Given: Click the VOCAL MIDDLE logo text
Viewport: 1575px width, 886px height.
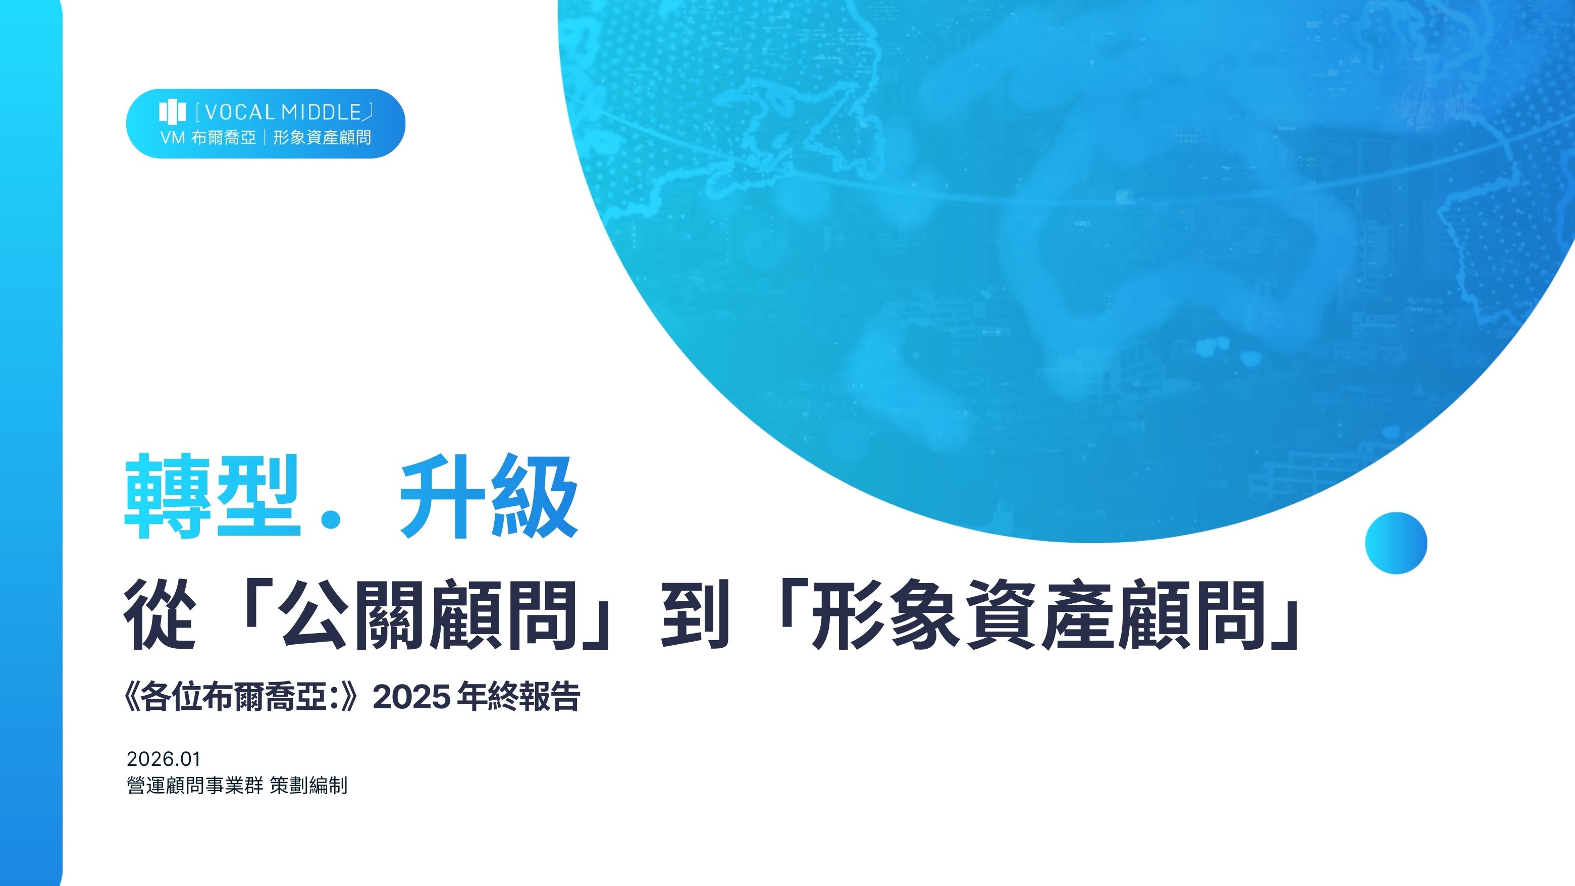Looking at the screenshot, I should click(284, 112).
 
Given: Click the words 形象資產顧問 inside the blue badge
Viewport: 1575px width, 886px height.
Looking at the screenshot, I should click(322, 138).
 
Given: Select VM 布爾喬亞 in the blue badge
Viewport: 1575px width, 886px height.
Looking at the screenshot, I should click(208, 138).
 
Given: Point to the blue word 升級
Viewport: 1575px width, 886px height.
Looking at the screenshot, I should click(488, 496).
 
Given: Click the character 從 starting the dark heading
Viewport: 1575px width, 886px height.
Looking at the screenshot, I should click(160, 614).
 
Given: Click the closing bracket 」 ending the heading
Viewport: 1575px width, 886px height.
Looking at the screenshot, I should click(1284, 614).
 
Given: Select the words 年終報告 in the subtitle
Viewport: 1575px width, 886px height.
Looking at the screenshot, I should click(518, 697).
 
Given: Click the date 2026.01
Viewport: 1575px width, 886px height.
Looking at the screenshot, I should click(163, 759).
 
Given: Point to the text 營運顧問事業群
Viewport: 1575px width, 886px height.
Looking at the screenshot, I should click(194, 785).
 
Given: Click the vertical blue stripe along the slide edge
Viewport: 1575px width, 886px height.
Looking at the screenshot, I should click(31, 443).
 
